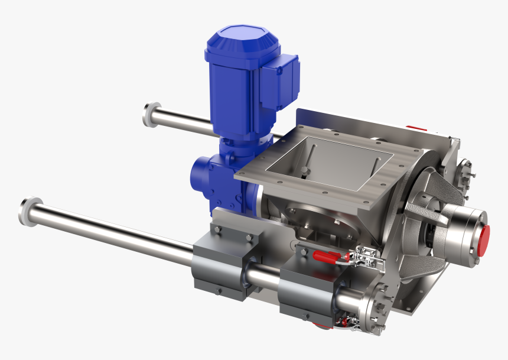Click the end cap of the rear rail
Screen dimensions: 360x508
pyautogui.click(x=150, y=114)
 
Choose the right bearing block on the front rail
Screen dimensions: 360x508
pyautogui.click(x=307, y=290)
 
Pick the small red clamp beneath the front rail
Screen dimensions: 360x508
pyautogui.click(x=343, y=322)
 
